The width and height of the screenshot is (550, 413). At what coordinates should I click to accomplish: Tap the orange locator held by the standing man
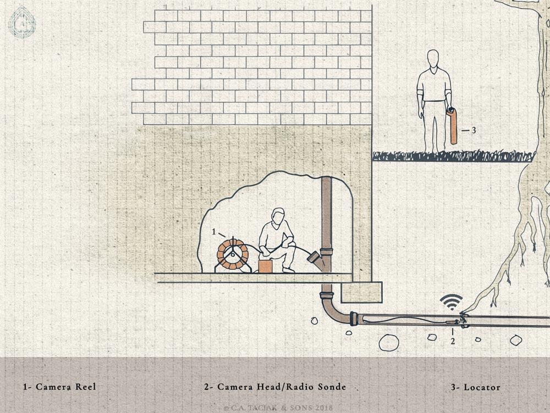453,126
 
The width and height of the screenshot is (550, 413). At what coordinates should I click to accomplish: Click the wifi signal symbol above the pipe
452,302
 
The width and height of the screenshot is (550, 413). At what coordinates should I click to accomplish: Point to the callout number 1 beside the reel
213,232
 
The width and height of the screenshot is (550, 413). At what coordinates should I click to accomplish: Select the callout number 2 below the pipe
453,341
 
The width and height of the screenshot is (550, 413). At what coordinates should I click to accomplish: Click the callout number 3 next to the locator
474,130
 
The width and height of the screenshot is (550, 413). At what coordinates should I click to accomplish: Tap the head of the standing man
433,58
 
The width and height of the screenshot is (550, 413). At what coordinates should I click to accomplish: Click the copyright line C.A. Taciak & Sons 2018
278,408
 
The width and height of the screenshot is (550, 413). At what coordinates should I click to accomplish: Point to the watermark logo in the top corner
22,23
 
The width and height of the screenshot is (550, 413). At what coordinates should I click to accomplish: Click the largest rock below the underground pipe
389,343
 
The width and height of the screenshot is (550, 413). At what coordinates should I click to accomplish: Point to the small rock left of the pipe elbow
313,321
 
